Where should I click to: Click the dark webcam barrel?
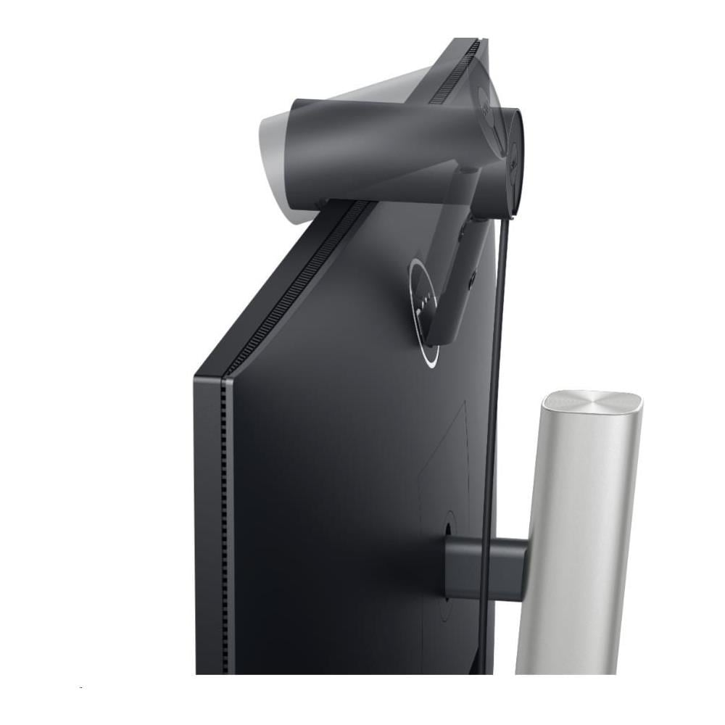377,149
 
